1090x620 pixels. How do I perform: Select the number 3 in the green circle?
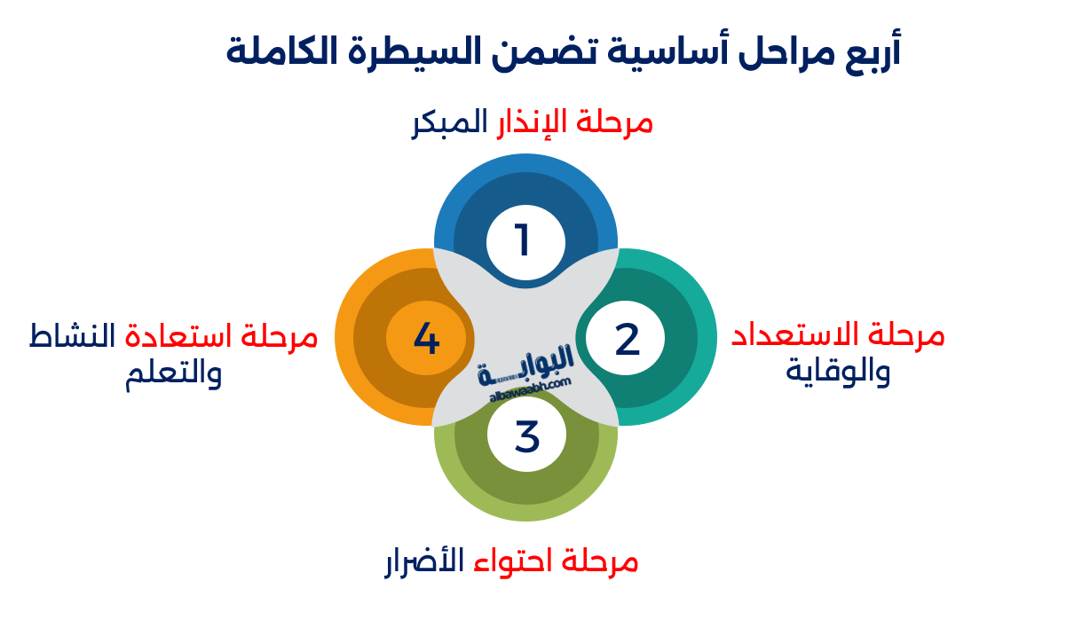[x=526, y=436]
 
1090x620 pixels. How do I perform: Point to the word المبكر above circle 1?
[x=450, y=122]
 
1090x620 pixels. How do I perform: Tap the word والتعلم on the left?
[x=174, y=372]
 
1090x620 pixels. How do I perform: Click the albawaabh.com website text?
[x=531, y=391]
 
